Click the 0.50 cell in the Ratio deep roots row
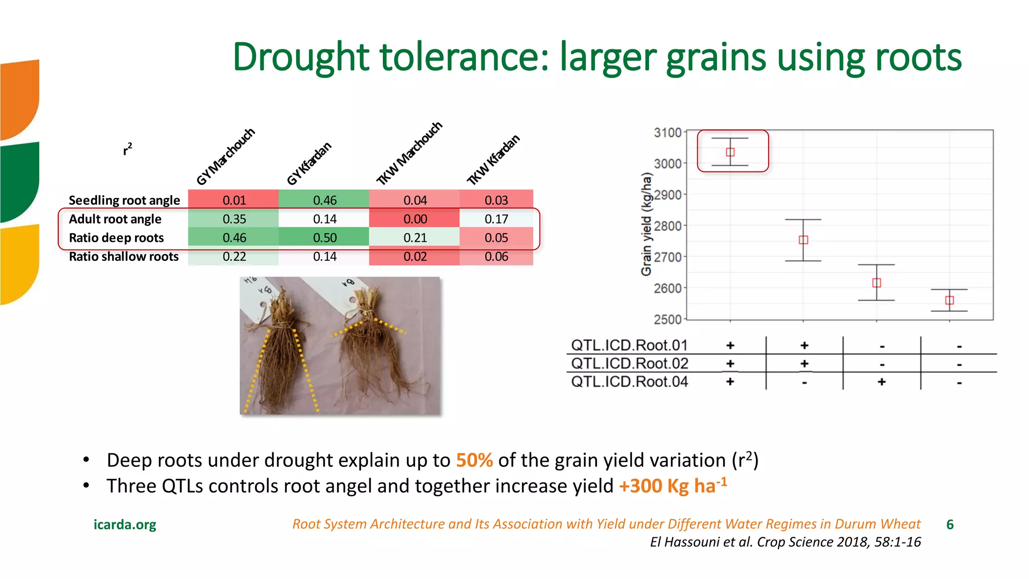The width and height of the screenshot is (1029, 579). pos(325,237)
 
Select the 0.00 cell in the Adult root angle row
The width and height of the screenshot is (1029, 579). pos(415,219)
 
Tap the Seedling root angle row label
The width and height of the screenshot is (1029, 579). pos(124,200)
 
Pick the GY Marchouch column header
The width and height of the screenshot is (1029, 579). pos(226,156)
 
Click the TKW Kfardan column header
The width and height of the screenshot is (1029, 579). pos(493,160)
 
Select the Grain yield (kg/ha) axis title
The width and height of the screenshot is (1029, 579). pos(646,224)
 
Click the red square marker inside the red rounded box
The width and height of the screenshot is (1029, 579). pos(730,152)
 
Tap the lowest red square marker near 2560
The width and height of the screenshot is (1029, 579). pos(949,300)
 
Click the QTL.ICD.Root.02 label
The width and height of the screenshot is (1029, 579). pos(630,363)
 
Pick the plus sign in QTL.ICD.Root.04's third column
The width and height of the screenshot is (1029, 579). pos(881,382)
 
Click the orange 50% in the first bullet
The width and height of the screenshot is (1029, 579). pos(474,460)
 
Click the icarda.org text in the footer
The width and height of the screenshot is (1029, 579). pos(125,525)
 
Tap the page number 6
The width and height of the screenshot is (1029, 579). pos(950,525)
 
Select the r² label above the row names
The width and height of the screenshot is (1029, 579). pos(128,149)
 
